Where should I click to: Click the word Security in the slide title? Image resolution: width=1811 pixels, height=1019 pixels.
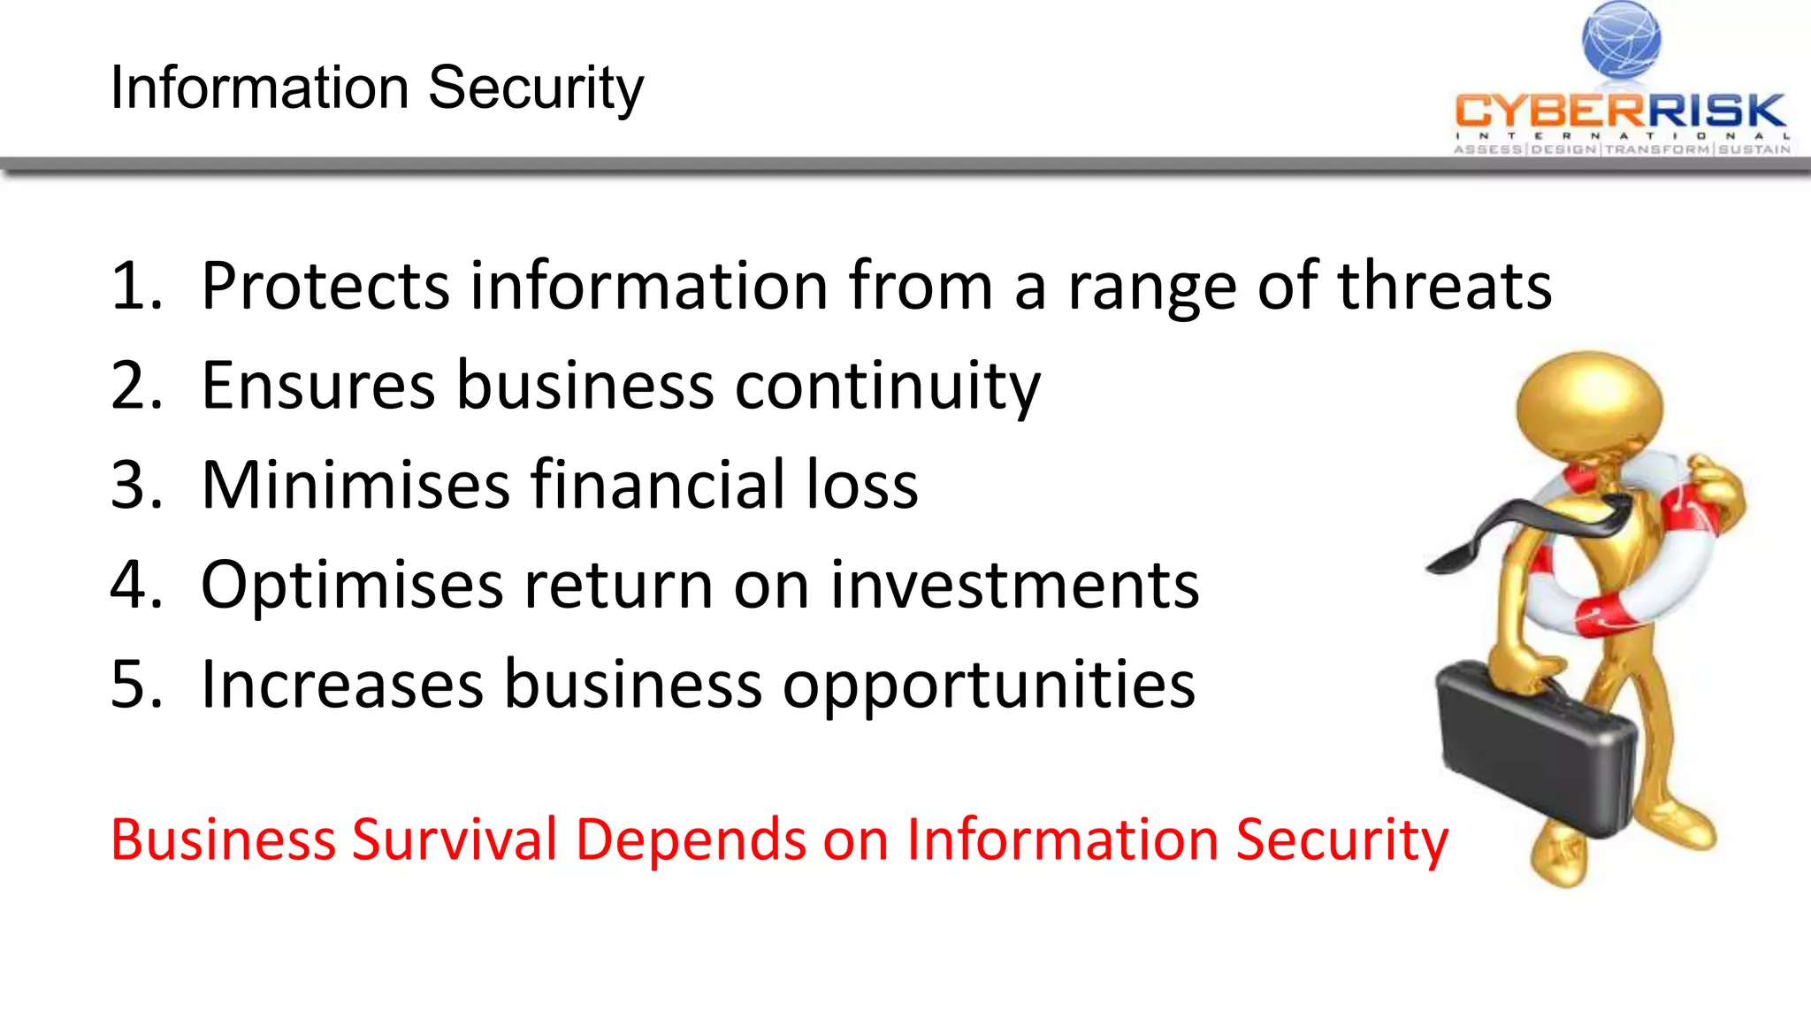coord(536,88)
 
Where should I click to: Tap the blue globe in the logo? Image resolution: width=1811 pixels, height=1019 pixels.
coord(1621,40)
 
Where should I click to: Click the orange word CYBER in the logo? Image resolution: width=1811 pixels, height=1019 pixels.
coord(1549,111)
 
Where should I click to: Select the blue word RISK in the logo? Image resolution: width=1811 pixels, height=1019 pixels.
coord(1715,111)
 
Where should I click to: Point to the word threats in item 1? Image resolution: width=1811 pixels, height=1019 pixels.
coord(1444,286)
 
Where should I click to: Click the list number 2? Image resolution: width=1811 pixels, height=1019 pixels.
coord(135,386)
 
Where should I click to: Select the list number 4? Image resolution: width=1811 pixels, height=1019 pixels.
coord(135,585)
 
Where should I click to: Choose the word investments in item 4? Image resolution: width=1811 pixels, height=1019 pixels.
coord(1013,585)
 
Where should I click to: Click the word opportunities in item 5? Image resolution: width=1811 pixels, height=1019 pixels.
coord(988,686)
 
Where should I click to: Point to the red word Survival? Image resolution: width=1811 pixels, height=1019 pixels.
coord(455,839)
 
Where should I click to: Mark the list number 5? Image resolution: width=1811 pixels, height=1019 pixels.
coord(135,685)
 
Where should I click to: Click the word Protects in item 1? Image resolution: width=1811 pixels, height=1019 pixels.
coord(325,286)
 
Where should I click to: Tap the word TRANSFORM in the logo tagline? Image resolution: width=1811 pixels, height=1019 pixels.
coord(1657,149)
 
